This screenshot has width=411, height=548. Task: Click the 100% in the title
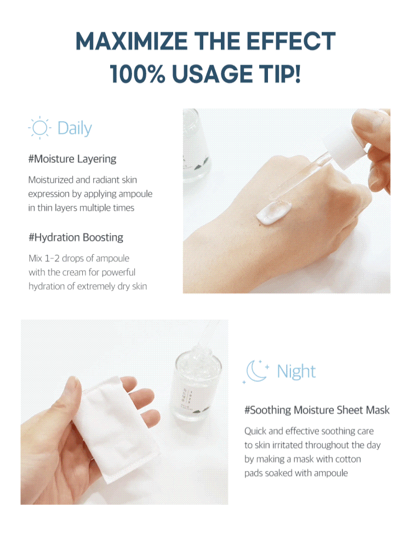138,74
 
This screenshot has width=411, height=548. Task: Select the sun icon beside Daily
39,128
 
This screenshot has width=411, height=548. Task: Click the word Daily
75,128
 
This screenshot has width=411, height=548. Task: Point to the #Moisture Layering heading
72,159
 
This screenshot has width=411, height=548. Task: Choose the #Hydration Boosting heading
76,237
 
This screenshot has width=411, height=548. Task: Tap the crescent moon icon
256,371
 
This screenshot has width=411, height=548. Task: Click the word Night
296,371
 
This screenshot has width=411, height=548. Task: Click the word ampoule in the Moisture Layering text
135,194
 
